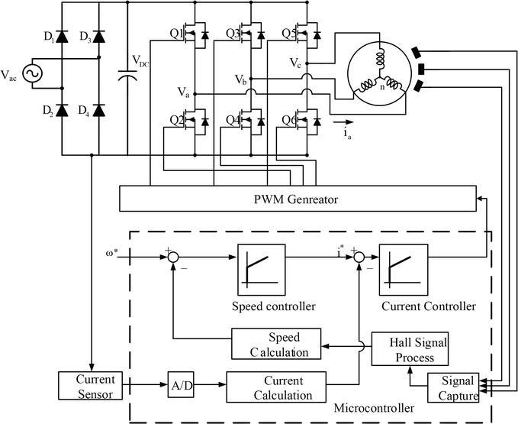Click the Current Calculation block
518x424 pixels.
pyautogui.click(x=277, y=387)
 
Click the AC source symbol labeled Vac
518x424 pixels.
pyautogui.click(x=33, y=75)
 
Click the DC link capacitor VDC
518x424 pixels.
pyautogui.click(x=127, y=76)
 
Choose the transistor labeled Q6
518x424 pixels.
pyautogui.click(x=308, y=121)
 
